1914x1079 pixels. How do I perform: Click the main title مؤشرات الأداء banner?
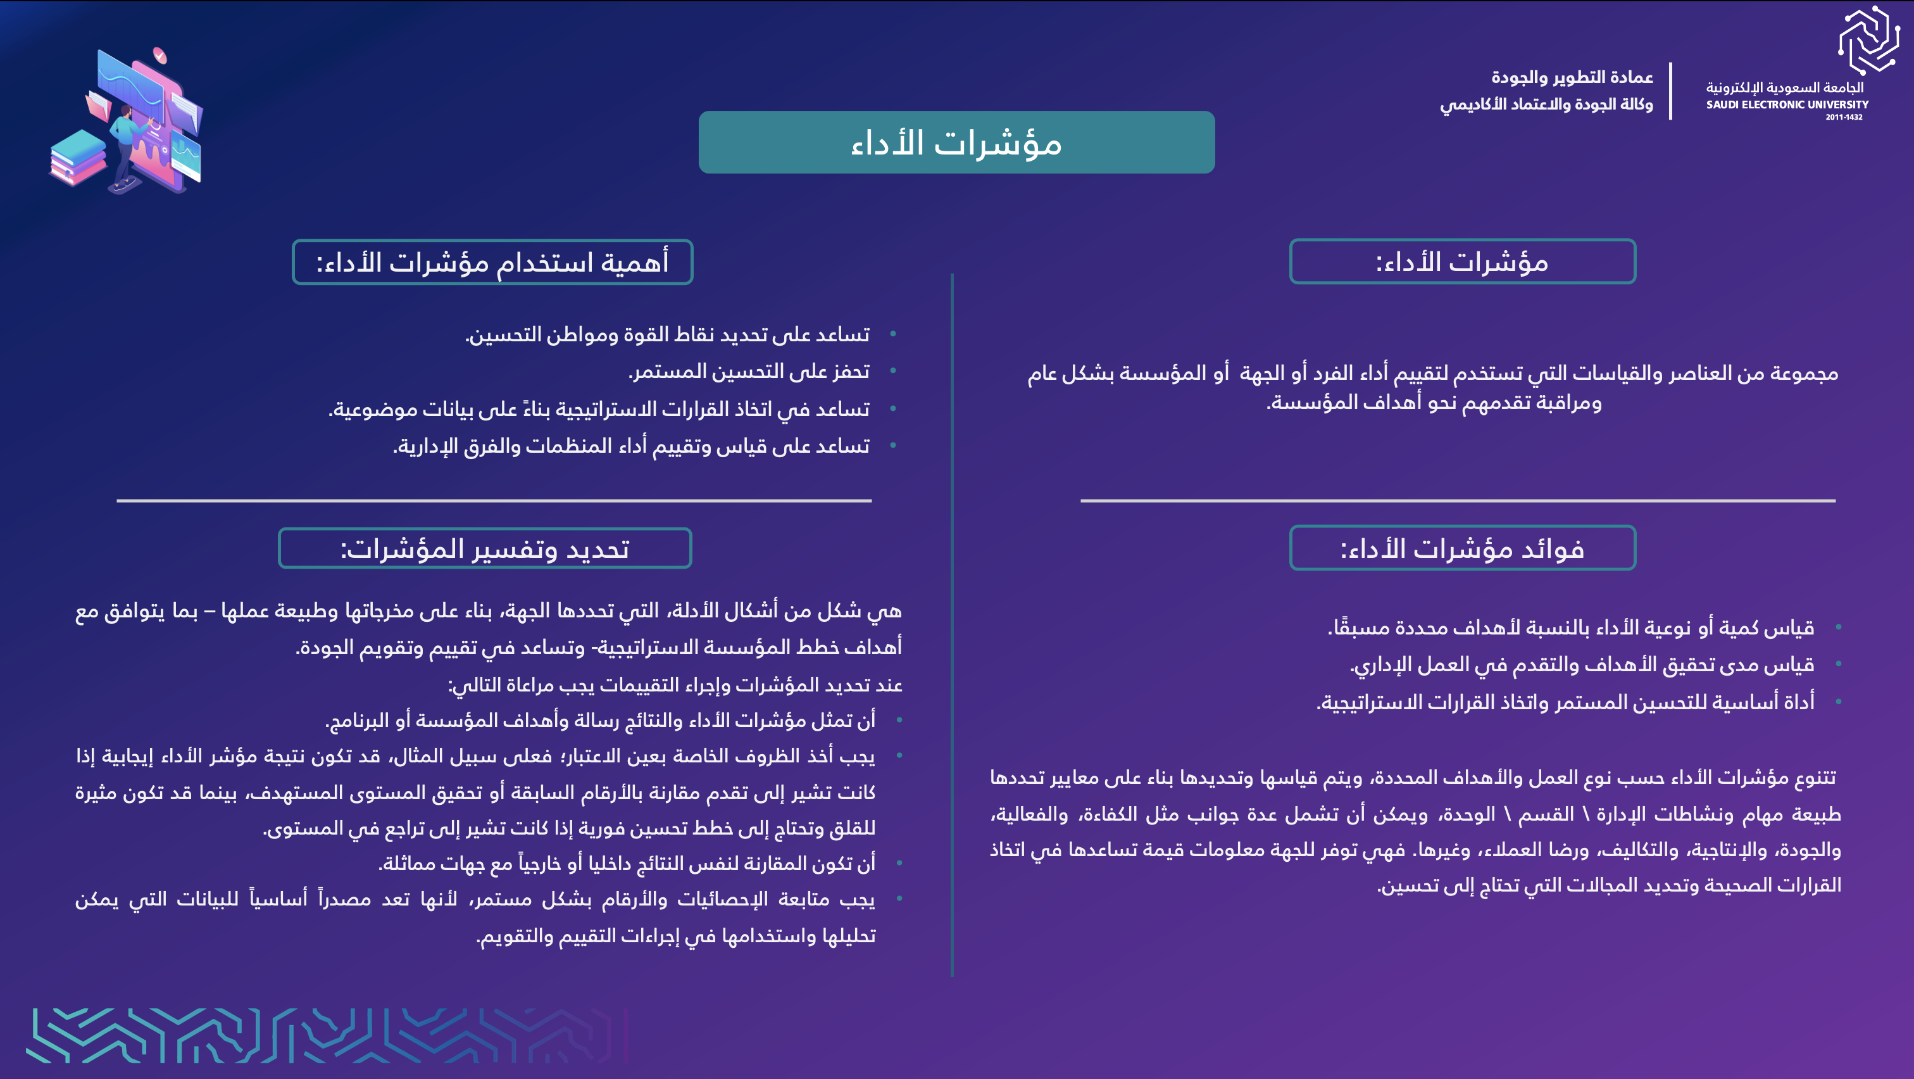click(x=956, y=142)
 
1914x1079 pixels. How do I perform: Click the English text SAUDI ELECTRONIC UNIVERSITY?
click(x=1786, y=104)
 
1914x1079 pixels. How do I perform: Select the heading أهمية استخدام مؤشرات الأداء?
click(x=492, y=262)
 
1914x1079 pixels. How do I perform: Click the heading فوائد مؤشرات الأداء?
click(x=1461, y=548)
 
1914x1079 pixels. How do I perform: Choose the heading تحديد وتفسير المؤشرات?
click(x=484, y=548)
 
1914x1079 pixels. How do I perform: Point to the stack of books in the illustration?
click(x=77, y=158)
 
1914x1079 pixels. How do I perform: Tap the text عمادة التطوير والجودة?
click(x=1572, y=77)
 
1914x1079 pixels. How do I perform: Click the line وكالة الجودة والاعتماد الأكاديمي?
click(x=1546, y=104)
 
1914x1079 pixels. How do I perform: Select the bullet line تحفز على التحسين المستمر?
click(x=748, y=371)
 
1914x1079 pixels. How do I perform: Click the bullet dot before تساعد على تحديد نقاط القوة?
click(x=892, y=334)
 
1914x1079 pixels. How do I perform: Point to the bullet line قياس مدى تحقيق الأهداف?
click(x=1581, y=664)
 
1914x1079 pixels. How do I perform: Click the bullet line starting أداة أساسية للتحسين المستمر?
click(x=1565, y=702)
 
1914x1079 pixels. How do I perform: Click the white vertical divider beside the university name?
click(x=1670, y=91)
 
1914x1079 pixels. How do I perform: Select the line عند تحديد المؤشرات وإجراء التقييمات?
click(x=675, y=685)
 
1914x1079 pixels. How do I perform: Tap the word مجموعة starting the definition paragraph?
click(x=1804, y=373)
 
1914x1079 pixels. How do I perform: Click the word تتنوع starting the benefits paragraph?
click(x=1811, y=778)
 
